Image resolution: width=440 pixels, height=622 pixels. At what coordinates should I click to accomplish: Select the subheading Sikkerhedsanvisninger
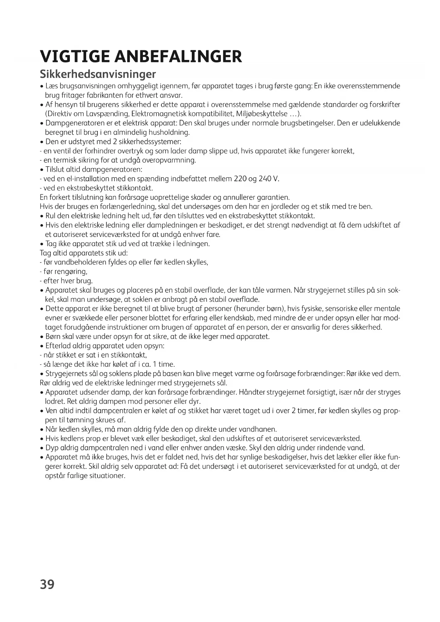point(98,74)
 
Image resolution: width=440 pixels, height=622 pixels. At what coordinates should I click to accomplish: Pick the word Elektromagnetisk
point(153,114)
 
